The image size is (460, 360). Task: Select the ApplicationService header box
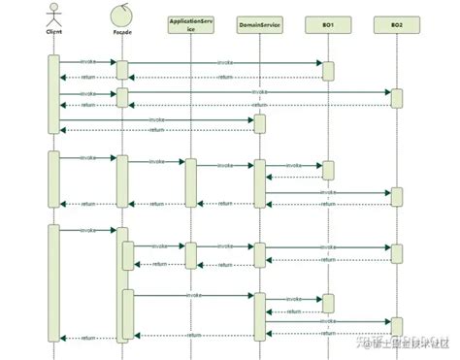tap(190, 23)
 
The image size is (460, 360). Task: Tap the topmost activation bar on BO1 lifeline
tap(328, 70)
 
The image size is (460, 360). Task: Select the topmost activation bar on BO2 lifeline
tap(396, 98)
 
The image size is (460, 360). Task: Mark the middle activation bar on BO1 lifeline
tap(328, 170)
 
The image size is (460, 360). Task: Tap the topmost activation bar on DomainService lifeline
tap(259, 124)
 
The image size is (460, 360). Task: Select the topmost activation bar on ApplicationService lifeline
tap(190, 182)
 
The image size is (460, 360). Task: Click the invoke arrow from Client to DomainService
tap(155, 120)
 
